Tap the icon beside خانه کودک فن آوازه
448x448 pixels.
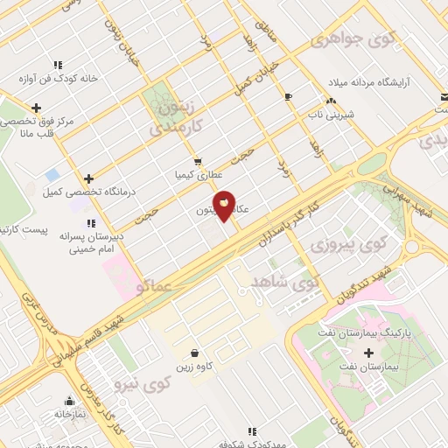coord(58,65)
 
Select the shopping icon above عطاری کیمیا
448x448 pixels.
coord(199,161)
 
